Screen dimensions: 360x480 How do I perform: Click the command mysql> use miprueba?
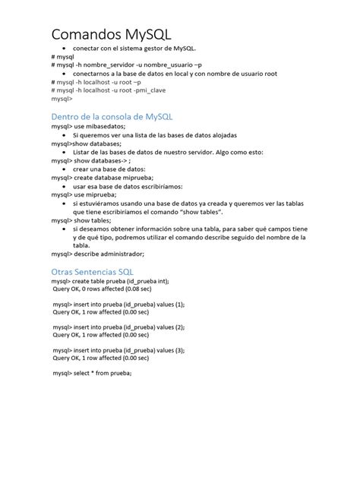[84, 194]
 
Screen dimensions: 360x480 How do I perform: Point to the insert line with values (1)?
[118, 304]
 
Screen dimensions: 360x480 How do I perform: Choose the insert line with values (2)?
[118, 327]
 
